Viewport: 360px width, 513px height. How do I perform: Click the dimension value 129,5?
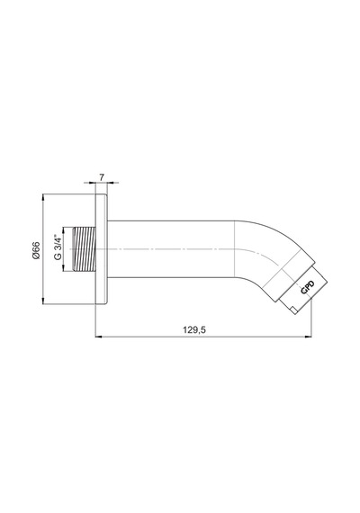tap(194, 329)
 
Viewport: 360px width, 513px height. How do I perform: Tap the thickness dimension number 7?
tap(102, 177)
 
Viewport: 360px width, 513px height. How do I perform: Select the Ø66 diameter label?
tap(36, 250)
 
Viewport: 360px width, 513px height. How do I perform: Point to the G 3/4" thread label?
tap(58, 247)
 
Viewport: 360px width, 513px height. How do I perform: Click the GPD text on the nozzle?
tap(308, 288)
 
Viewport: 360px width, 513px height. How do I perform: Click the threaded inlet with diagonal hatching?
tap(84, 249)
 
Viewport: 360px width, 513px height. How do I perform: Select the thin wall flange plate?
tap(101, 249)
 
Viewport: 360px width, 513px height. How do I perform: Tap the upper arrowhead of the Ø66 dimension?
tap(43, 197)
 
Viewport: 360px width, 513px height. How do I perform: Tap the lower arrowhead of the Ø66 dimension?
tap(43, 301)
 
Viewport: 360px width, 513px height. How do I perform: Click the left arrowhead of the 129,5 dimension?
tap(98, 337)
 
